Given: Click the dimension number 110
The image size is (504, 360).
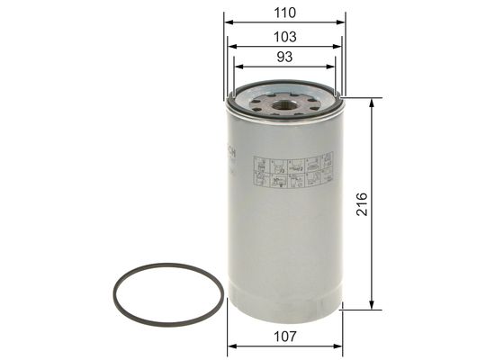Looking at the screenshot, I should tap(284, 12).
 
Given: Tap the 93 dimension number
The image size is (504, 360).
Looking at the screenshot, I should tap(284, 58).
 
